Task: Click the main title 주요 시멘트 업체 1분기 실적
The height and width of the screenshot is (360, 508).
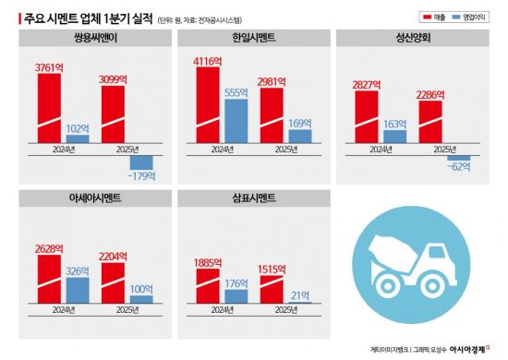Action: pyautogui.click(x=79, y=16)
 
